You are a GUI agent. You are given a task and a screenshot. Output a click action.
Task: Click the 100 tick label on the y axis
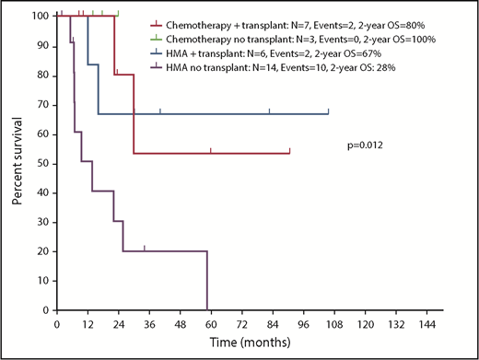[40, 17]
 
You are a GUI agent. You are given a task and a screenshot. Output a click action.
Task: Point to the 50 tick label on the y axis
[42, 163]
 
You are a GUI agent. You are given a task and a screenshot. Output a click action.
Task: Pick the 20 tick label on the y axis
[42, 251]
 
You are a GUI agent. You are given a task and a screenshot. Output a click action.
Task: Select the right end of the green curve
[118, 16]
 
